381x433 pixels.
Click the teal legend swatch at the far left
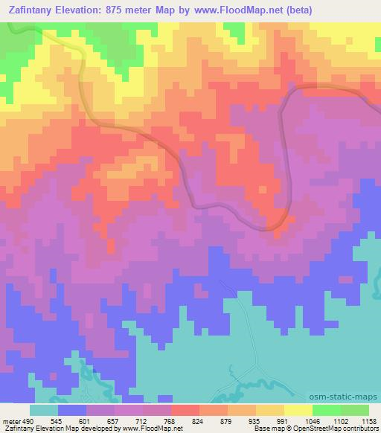coord(43,410)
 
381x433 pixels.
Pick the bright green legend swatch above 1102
coord(326,410)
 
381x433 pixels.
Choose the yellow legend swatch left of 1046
coord(298,410)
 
